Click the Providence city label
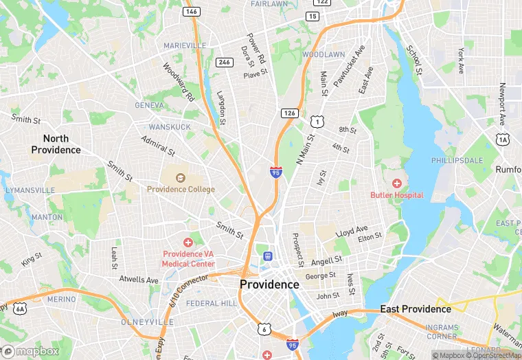(x=269, y=284)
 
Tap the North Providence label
(x=56, y=144)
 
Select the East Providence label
(x=416, y=309)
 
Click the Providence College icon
(x=181, y=178)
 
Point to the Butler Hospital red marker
(x=396, y=183)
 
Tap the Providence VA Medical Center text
(x=188, y=258)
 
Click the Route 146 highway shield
(x=191, y=12)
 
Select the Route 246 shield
(x=224, y=62)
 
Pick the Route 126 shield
(x=288, y=112)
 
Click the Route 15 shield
(x=313, y=16)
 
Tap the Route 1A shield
(x=503, y=139)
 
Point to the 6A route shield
(x=19, y=308)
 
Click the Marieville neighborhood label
(x=185, y=45)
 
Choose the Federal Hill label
(x=211, y=303)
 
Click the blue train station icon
(x=267, y=256)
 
